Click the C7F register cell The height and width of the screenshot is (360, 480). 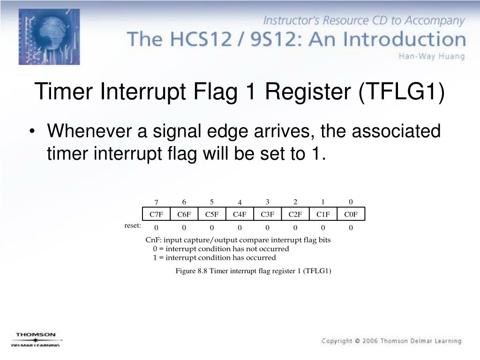(156, 214)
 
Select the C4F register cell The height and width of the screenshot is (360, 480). (240, 214)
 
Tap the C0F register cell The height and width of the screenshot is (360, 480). (351, 214)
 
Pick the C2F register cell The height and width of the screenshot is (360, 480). (295, 214)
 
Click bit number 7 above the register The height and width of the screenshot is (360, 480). (157, 202)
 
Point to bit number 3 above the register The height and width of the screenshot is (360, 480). (267, 202)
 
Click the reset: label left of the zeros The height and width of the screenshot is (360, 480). (133, 226)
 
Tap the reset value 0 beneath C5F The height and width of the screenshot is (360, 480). (212, 228)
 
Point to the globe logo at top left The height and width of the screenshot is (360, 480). (49, 37)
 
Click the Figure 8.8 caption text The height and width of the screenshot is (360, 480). (253, 271)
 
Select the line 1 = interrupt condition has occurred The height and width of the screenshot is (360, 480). (214, 257)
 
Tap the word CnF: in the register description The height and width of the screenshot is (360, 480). (153, 240)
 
